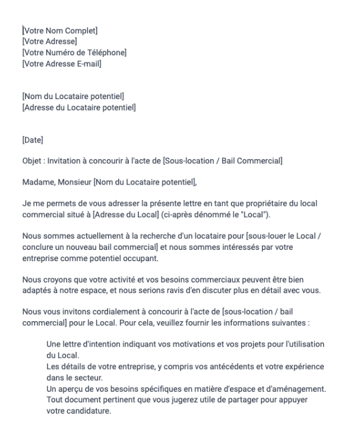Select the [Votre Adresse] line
pyautogui.click(x=49, y=41)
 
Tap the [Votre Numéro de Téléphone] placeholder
pyautogui.click(x=74, y=52)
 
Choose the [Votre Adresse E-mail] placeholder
pyautogui.click(x=61, y=64)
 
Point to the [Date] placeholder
pyautogui.click(x=33, y=140)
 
